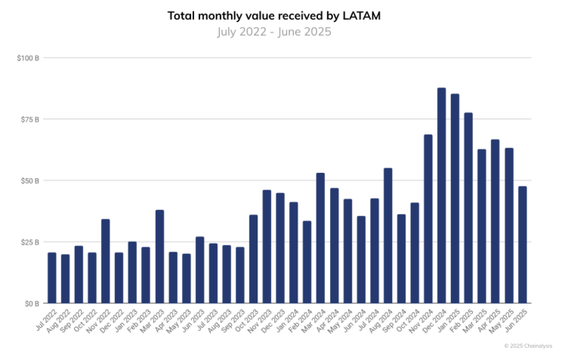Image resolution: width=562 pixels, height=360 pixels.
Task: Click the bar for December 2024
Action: coord(441,195)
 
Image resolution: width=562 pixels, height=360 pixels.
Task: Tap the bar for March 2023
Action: coord(159,257)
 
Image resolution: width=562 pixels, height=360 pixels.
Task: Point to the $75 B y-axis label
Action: coord(29,119)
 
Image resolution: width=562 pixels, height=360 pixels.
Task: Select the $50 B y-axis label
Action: coord(29,180)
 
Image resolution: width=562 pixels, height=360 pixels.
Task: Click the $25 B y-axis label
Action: coord(29,242)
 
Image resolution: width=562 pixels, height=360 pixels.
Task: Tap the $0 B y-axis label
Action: coord(32,303)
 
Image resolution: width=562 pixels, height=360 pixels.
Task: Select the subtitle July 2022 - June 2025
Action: coord(280,32)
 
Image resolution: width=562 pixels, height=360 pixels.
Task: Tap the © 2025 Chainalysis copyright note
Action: coord(528,346)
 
